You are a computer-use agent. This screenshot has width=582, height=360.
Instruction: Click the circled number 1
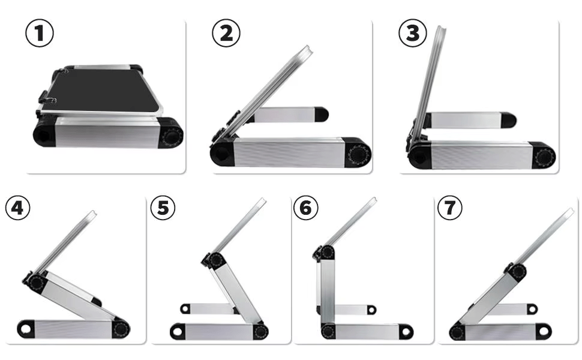click(40, 33)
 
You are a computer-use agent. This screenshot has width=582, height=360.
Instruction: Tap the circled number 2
click(226, 33)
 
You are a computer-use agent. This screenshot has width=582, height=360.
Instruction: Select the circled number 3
click(413, 33)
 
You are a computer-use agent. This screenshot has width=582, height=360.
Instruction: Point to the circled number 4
click(17, 208)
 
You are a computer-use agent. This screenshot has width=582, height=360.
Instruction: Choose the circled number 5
click(163, 208)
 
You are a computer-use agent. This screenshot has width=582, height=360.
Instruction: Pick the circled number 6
click(306, 208)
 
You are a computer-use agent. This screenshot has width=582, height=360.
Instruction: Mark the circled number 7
click(450, 208)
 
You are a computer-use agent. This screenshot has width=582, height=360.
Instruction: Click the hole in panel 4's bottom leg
click(25, 328)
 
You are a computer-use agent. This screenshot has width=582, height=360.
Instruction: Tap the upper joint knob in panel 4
click(37, 283)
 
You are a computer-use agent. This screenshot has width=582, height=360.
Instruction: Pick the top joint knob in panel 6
click(326, 253)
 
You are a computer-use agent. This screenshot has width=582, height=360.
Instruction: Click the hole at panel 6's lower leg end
click(406, 331)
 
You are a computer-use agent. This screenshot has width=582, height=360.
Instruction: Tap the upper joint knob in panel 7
click(518, 271)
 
